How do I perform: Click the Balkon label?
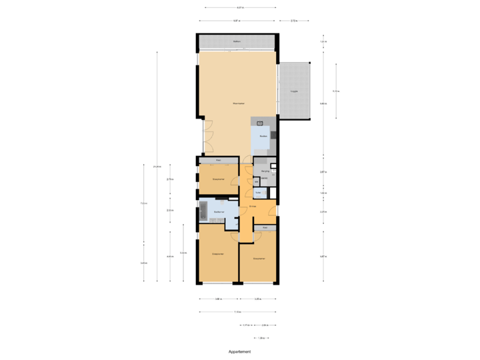[x=237, y=42]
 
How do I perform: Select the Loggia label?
[x=293, y=91]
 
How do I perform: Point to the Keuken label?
[x=263, y=135]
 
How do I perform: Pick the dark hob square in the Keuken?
[x=273, y=135]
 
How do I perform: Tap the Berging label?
[x=265, y=171]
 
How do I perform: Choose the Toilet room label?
[x=259, y=193]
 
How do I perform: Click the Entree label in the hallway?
[x=253, y=207]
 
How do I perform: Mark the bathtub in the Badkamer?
[x=203, y=212]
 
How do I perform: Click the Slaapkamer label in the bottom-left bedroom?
[x=217, y=254]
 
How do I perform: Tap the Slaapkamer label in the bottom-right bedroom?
[x=259, y=259]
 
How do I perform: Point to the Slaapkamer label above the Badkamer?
[x=217, y=179]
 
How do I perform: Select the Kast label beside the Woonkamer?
[x=218, y=160]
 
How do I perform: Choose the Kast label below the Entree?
[x=265, y=228]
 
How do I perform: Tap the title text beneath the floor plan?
[x=239, y=351]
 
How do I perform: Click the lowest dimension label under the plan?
[x=261, y=338]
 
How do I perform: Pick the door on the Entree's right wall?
[x=275, y=209]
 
